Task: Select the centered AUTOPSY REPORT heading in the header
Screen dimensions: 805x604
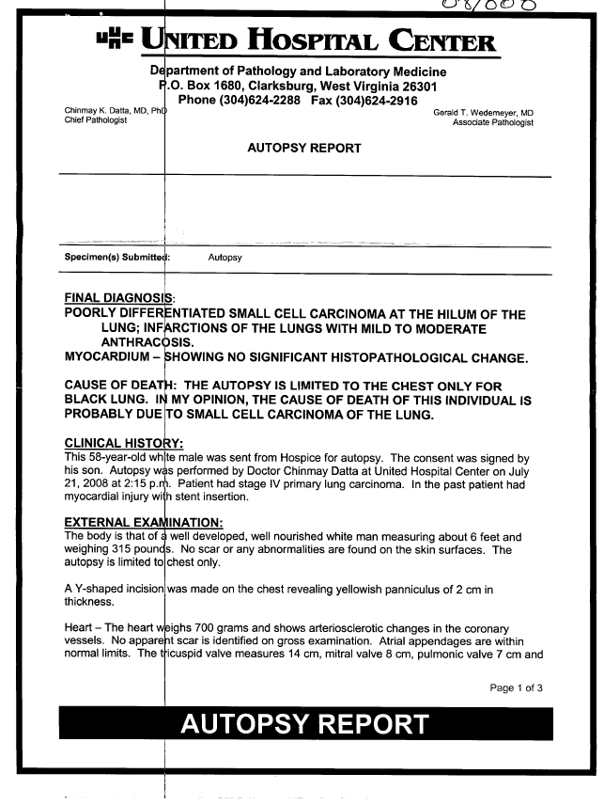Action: coord(304,150)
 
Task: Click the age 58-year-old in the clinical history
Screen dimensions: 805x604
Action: coord(114,458)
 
